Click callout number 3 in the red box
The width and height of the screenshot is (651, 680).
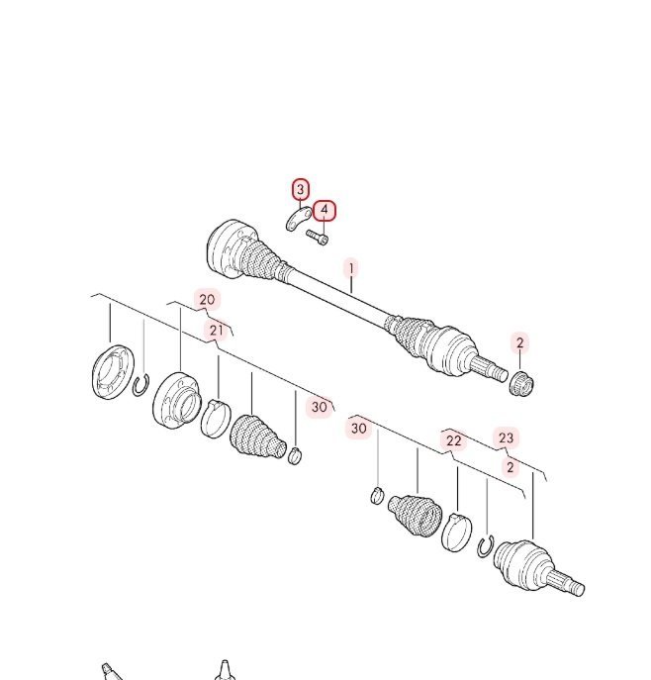point(301,189)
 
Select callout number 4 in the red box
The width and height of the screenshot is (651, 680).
point(325,210)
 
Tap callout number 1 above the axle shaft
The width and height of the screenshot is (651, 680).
point(351,268)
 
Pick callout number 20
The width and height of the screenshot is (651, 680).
point(207,299)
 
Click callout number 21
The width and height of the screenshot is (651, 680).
point(217,331)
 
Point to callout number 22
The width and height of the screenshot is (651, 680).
point(453,440)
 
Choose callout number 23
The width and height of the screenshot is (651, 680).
point(506,438)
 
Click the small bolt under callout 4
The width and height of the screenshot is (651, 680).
point(318,237)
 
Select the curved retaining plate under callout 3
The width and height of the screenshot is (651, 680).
point(299,219)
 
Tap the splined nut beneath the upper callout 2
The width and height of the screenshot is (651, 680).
point(521,384)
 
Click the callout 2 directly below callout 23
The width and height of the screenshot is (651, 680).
point(511,467)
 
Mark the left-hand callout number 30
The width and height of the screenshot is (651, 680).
point(319,407)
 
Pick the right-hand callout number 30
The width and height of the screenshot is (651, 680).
point(358,429)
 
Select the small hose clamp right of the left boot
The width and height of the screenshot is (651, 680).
point(295,455)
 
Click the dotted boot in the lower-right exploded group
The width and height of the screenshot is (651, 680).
point(415,516)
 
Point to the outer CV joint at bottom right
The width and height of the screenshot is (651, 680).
point(537,568)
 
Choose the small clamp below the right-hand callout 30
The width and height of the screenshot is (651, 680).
point(378,496)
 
